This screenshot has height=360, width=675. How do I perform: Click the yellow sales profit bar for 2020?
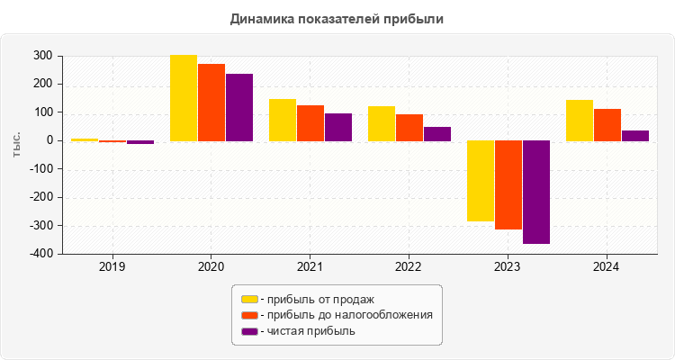coord(184,98)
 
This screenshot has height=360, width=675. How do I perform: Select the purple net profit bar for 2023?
coord(536,192)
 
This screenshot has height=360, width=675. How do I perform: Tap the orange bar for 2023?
coord(508,184)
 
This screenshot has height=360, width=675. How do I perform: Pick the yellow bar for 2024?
coord(580,121)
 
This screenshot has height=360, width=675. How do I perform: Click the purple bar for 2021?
coord(338,127)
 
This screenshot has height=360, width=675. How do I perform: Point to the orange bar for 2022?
coord(409,128)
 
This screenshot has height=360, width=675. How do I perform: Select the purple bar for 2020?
coord(239,107)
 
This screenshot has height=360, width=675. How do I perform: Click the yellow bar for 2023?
coord(481,181)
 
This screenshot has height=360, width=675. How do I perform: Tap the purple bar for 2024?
coord(635,136)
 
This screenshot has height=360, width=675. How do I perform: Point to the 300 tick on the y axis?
coord(42,56)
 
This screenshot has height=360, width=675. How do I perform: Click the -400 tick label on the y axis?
coord(39,254)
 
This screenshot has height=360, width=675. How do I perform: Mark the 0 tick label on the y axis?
coord(49,140)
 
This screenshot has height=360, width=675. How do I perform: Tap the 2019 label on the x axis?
coord(112,267)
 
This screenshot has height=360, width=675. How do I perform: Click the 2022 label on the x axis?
coord(409,267)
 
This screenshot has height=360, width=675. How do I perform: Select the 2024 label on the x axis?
coord(607,267)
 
